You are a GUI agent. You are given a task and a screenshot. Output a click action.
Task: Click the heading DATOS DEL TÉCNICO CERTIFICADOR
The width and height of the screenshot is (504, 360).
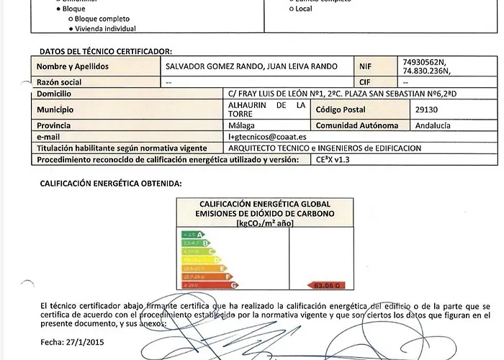105,52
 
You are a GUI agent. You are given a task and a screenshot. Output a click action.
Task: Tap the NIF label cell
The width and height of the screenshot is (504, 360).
365,66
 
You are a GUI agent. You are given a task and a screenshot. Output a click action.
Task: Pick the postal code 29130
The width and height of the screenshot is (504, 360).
427,110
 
